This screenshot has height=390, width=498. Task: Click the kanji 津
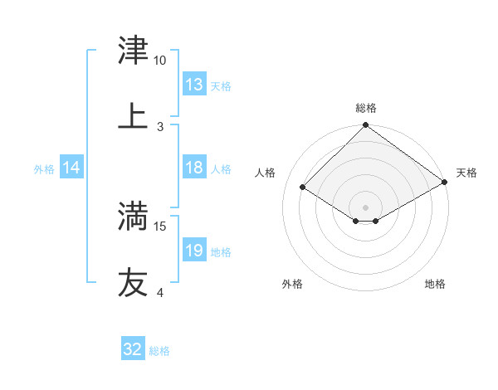click(x=133, y=51)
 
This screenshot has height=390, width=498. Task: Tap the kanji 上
click(x=133, y=116)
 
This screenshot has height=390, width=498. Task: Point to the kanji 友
click(x=133, y=282)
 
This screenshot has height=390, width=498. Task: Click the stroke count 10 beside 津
click(x=160, y=61)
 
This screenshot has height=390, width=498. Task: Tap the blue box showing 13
click(x=194, y=85)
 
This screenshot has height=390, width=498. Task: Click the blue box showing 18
click(x=194, y=168)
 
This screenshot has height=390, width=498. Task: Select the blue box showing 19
click(x=194, y=251)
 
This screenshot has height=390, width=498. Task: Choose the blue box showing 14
click(x=71, y=168)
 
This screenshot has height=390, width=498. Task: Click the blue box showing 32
click(x=133, y=349)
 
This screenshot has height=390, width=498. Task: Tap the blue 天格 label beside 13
click(x=221, y=85)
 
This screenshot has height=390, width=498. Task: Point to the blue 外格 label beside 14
click(x=44, y=168)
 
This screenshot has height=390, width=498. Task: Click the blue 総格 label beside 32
click(x=159, y=350)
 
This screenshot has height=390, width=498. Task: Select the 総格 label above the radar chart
click(x=366, y=108)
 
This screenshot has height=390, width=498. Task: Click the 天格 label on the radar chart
click(x=466, y=173)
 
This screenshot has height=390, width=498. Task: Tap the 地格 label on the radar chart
click(x=435, y=284)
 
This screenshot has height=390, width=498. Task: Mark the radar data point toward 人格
click(x=303, y=188)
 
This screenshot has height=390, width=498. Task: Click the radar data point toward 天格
click(x=445, y=183)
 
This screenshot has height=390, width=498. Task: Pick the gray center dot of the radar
click(x=366, y=207)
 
